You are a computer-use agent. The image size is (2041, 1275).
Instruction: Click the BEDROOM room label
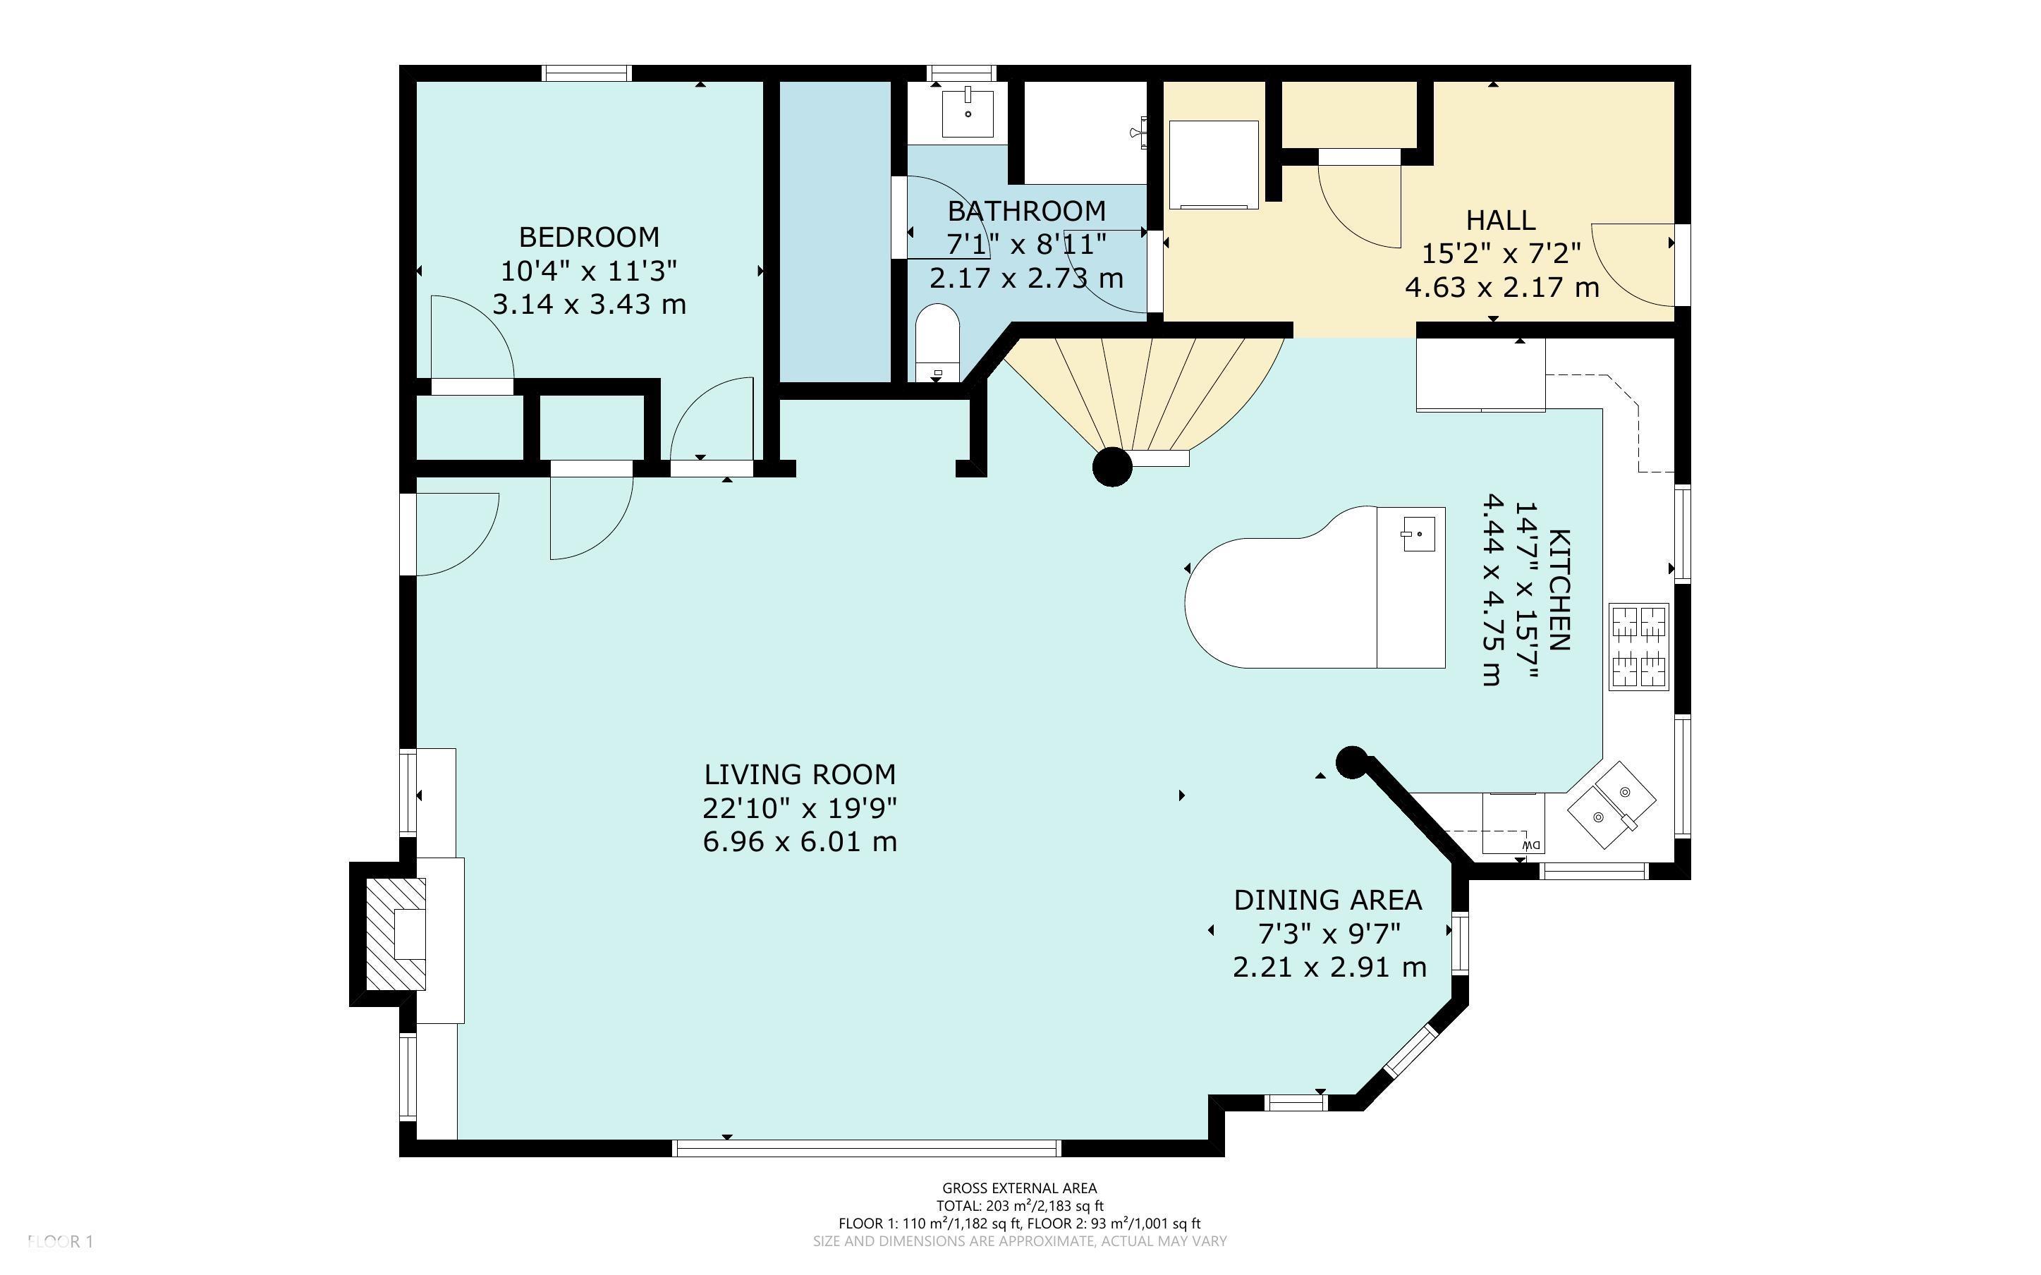[x=588, y=237]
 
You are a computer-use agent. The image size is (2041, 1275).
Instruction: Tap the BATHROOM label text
[x=1026, y=211]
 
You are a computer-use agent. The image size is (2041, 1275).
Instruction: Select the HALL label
[x=1501, y=220]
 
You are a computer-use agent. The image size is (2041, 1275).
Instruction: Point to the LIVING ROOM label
[x=800, y=774]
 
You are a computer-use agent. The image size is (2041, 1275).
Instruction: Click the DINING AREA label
[x=1328, y=901]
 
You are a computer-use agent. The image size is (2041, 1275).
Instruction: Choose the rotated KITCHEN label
[x=1559, y=590]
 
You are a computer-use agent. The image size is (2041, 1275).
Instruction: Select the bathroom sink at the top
[x=968, y=111]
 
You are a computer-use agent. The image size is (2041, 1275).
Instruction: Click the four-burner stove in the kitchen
[x=1639, y=647]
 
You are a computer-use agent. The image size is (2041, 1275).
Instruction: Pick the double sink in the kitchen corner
[x=1611, y=805]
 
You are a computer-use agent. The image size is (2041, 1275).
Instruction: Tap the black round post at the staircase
[x=1112, y=467]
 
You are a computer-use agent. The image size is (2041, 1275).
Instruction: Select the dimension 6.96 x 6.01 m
[x=800, y=841]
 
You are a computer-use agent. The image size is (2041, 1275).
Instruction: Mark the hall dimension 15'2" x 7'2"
[x=1501, y=254]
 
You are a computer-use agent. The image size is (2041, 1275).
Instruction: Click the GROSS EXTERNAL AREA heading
[x=1019, y=1189]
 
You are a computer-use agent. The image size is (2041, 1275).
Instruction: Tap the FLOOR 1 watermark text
[x=60, y=1241]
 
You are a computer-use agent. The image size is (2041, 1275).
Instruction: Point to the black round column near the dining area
[x=1351, y=762]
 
